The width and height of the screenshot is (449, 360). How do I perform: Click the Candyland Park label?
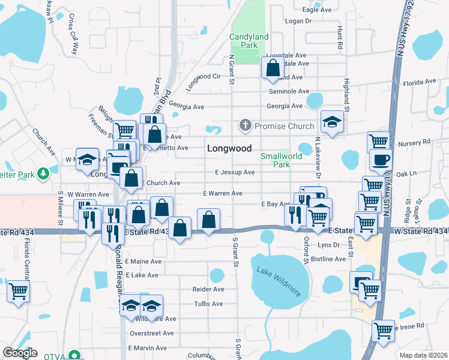[x=248, y=41]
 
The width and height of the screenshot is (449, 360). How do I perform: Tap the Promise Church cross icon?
[x=245, y=126]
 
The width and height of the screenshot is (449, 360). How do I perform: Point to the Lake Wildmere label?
[x=279, y=278]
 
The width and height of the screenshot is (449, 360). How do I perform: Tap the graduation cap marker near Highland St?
[x=332, y=122]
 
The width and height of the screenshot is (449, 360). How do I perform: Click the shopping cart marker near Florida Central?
[x=19, y=292]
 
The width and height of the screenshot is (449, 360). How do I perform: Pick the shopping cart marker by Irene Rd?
[x=383, y=330]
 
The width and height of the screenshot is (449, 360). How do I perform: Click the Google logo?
[x=20, y=353]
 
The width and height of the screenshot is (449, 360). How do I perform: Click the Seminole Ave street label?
[x=288, y=91]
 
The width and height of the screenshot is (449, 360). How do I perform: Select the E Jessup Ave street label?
[x=235, y=172]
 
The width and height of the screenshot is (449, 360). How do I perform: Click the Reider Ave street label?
[x=208, y=289]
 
